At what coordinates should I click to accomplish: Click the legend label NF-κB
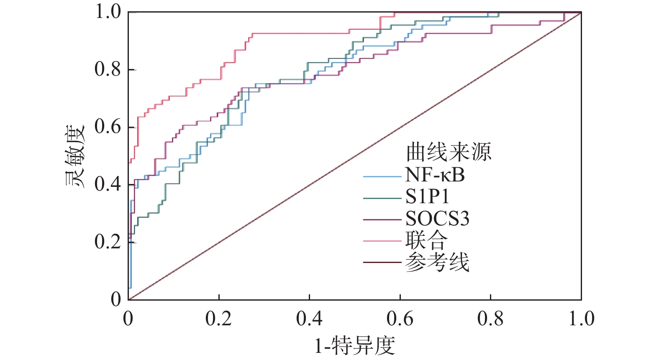(435, 175)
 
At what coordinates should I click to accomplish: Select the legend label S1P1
(427, 197)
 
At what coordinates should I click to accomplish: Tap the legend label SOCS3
(438, 219)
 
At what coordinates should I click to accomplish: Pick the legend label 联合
(426, 240)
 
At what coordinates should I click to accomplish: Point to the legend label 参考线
(437, 262)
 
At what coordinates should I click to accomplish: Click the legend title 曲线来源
(449, 152)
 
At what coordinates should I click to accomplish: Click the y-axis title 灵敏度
(75, 156)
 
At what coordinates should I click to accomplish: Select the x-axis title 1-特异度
(355, 346)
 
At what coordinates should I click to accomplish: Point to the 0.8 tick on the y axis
(108, 69)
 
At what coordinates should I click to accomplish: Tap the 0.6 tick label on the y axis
(108, 127)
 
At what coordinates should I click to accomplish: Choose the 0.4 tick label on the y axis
(108, 184)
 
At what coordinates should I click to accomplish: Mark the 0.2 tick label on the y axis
(108, 241)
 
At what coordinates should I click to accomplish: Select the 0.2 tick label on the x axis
(218, 319)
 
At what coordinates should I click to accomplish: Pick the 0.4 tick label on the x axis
(309, 319)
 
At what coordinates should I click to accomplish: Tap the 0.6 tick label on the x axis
(400, 319)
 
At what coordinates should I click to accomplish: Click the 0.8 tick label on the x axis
(490, 319)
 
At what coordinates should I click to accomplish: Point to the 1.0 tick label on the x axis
(581, 319)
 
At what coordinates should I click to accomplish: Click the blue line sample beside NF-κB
(382, 176)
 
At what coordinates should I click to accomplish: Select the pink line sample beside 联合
(382, 241)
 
